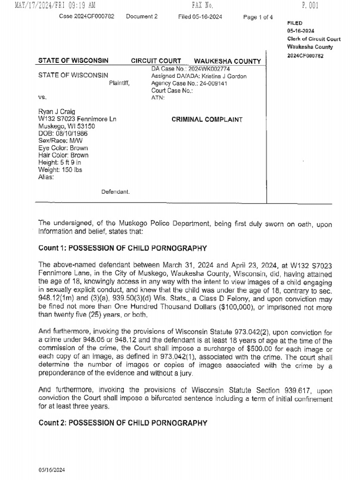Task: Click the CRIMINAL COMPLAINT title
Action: click(x=207, y=120)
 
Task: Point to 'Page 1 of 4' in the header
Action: click(x=258, y=17)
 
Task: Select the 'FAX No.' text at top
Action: click(x=202, y=6)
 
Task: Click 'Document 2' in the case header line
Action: click(x=142, y=17)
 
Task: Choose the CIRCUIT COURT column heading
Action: click(x=153, y=61)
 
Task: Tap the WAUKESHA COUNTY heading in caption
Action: click(x=227, y=61)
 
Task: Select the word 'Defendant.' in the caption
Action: click(x=115, y=192)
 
